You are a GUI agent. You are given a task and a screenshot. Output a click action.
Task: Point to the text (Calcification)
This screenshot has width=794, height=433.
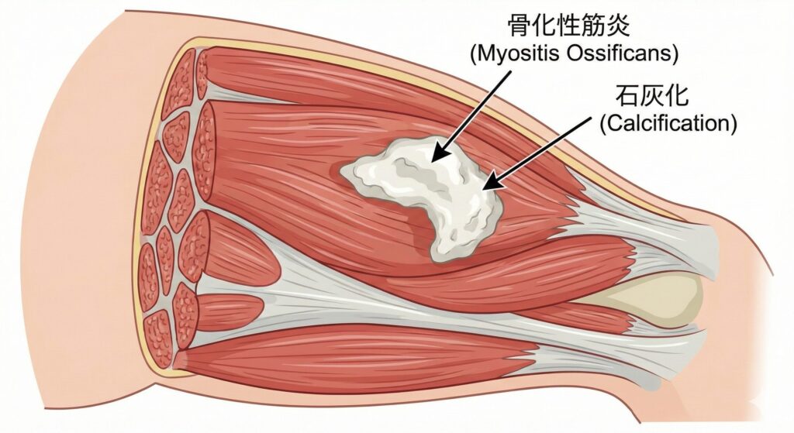tap(668, 124)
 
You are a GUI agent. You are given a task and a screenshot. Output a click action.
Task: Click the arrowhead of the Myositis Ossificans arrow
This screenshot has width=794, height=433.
tap(436, 156)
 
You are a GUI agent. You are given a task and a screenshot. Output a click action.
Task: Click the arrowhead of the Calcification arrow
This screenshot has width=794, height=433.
tap(487, 186)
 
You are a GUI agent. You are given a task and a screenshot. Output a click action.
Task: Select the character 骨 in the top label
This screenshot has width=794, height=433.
tap(521, 26)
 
